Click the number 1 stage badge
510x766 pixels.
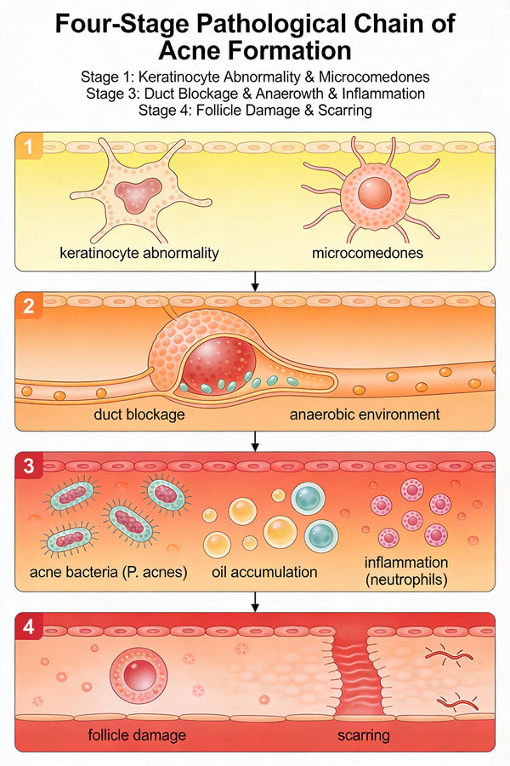[x=31, y=148]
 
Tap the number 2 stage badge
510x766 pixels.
[x=31, y=308]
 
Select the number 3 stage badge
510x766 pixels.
[x=31, y=467]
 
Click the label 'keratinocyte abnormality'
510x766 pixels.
[x=139, y=253]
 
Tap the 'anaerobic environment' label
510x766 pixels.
[x=365, y=414]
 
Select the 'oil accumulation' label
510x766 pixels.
[x=264, y=572]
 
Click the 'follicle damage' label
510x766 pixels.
[x=137, y=735]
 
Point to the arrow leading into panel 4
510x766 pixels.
[x=255, y=602]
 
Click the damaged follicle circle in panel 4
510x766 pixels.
[x=137, y=673]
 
